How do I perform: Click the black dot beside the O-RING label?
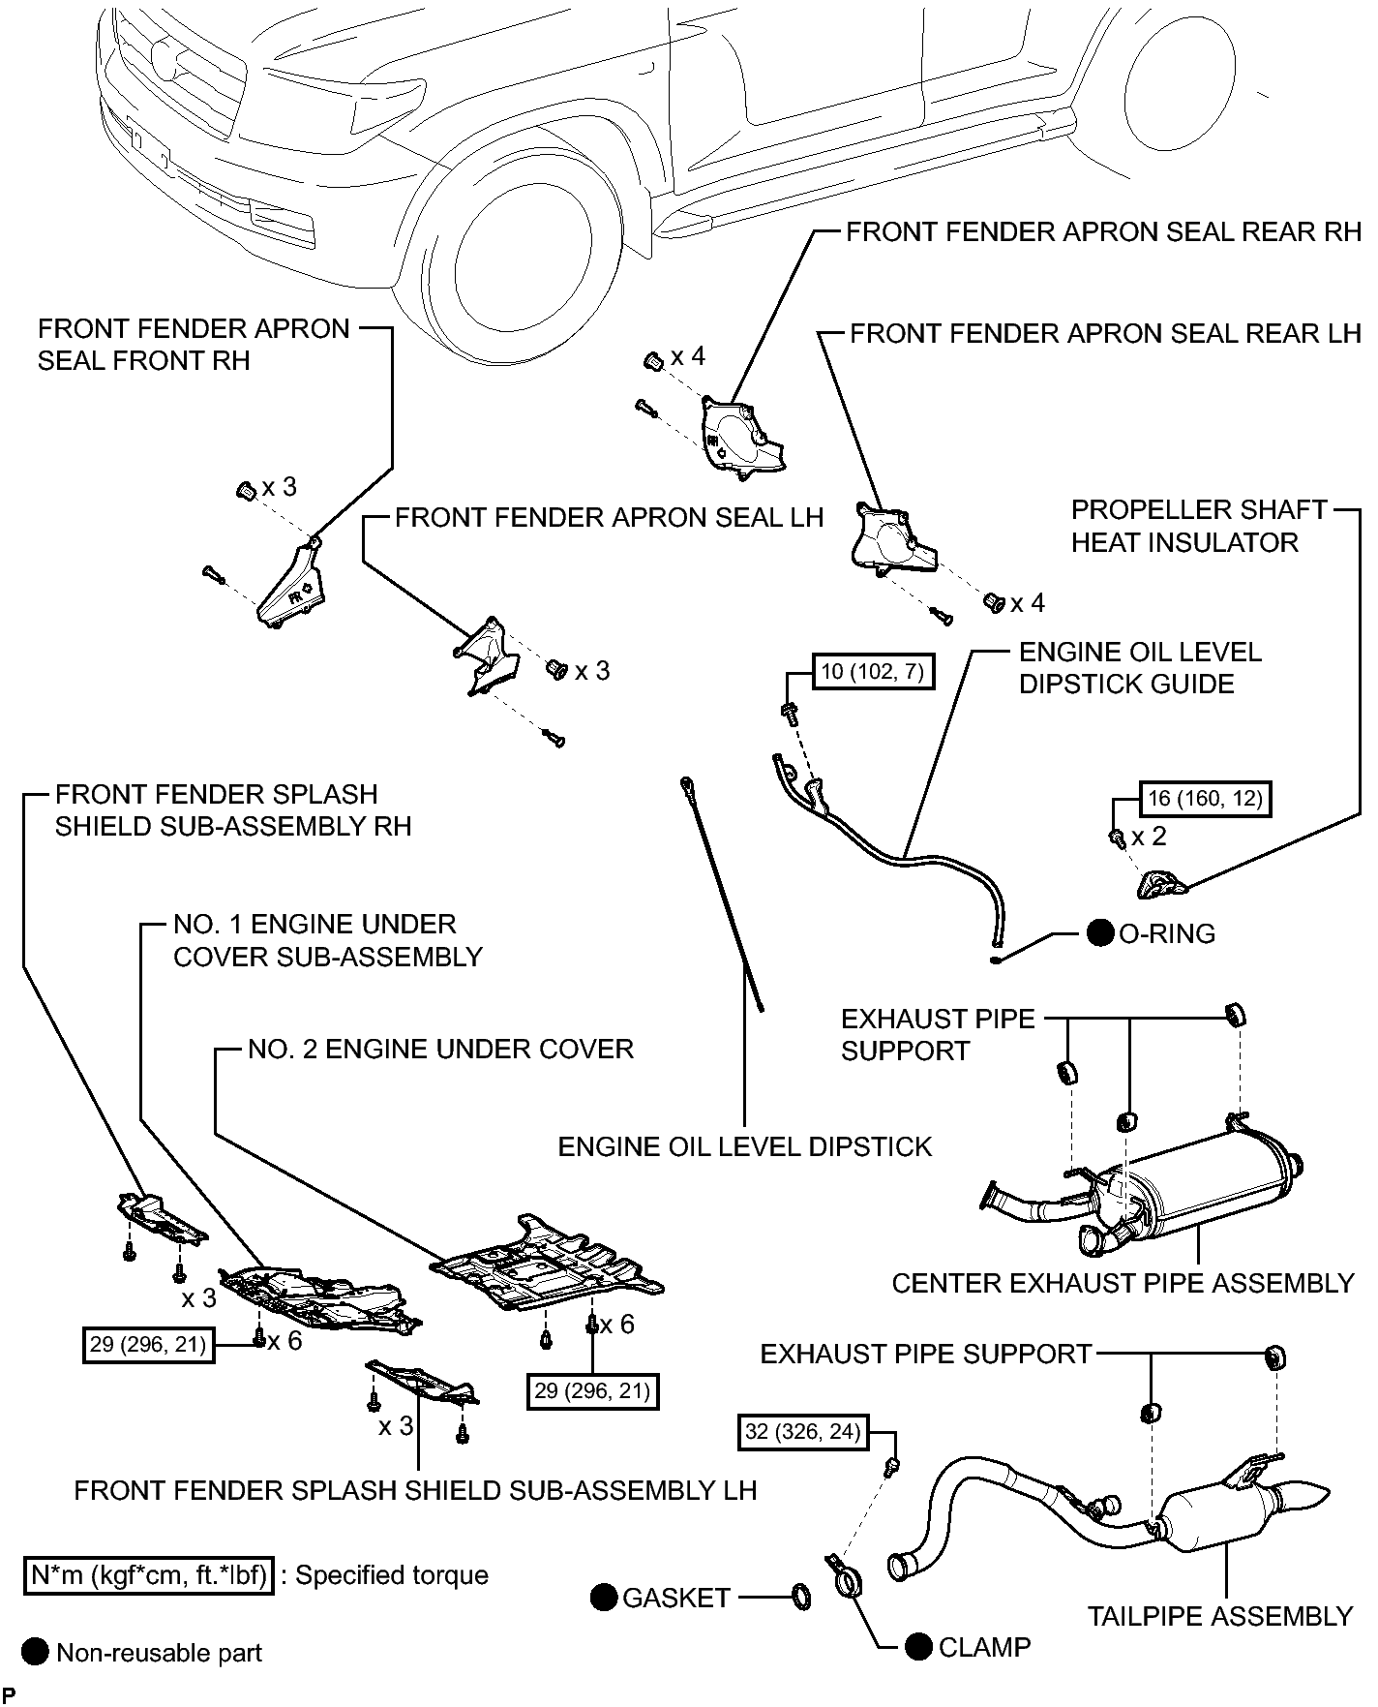[1100, 933]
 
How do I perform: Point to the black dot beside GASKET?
[604, 1598]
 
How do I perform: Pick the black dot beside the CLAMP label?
[920, 1647]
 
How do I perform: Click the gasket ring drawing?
[801, 1597]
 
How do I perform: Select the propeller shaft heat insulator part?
[1159, 884]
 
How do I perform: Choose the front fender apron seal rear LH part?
[892, 538]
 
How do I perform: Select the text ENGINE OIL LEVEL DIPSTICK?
[744, 1147]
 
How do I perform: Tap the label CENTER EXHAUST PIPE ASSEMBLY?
[1123, 1284]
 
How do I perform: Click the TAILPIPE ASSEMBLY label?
[1219, 1617]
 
